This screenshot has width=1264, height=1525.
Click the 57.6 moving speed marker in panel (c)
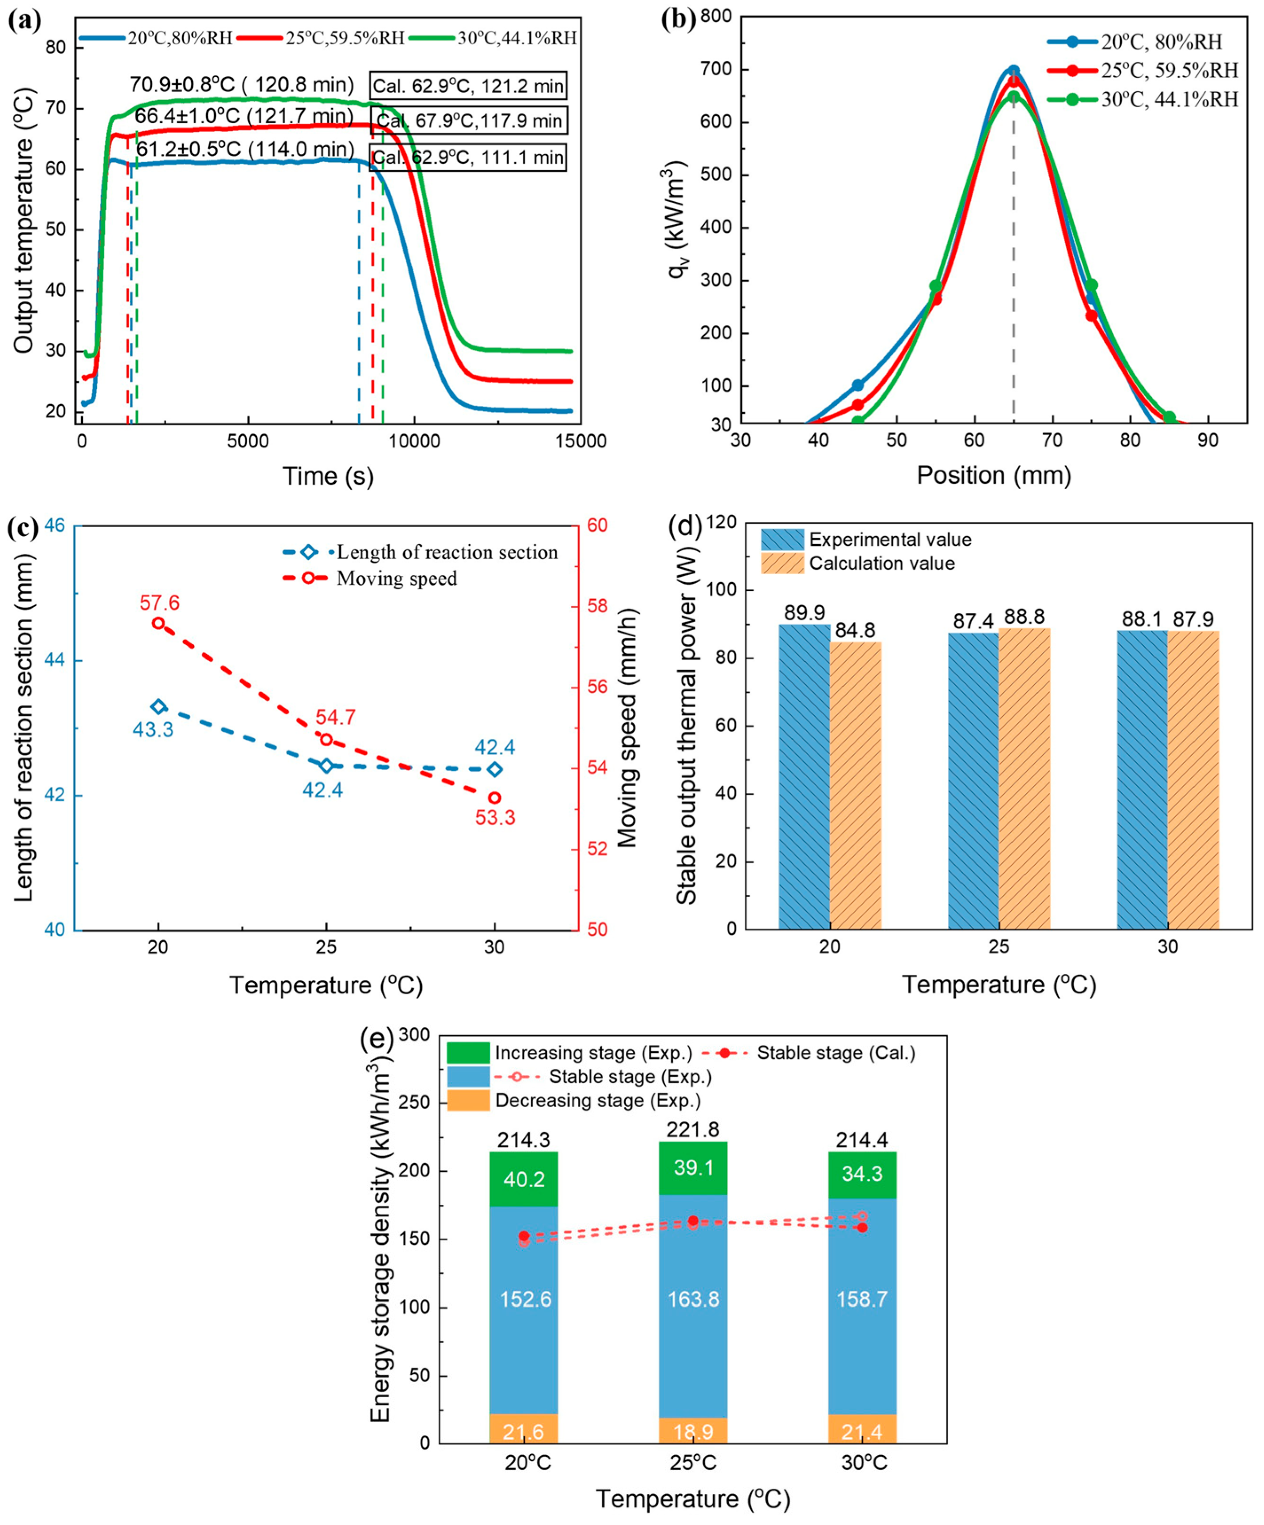coord(158,623)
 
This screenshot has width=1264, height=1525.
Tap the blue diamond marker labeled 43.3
coord(158,706)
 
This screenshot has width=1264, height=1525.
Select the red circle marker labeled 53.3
coord(495,797)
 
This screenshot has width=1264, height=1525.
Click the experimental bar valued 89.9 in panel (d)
coord(804,776)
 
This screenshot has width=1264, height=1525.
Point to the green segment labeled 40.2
coord(524,1179)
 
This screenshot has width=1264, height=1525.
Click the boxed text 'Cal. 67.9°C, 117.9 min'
coord(468,121)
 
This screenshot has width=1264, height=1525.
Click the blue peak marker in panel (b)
coord(1013,71)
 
